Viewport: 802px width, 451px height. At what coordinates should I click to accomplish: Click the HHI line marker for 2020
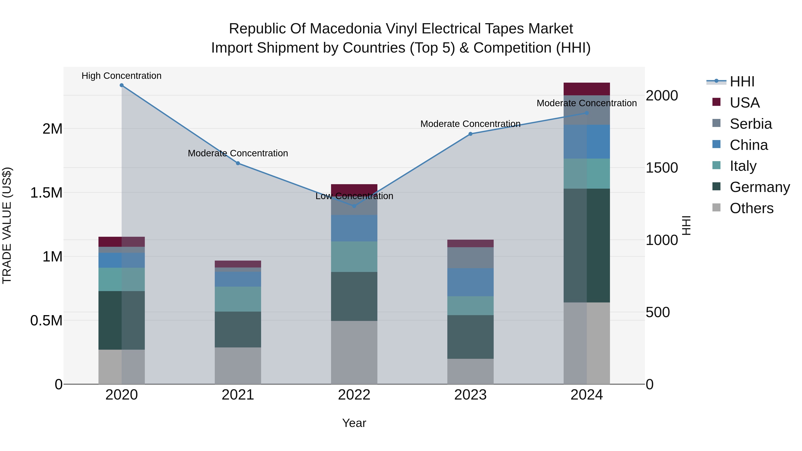pyautogui.click(x=122, y=85)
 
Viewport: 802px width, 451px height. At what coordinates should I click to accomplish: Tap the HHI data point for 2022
pyautogui.click(x=354, y=206)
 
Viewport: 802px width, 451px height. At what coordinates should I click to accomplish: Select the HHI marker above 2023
pyautogui.click(x=471, y=134)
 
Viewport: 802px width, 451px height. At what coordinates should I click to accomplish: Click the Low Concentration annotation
pyautogui.click(x=354, y=196)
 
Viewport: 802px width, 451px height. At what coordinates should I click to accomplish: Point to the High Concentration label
pyautogui.click(x=121, y=76)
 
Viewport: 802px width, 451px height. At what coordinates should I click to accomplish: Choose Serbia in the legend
pyautogui.click(x=751, y=124)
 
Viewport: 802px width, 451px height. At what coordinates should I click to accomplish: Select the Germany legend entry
pyautogui.click(x=759, y=187)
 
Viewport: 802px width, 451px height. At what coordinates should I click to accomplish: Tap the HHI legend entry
pyautogui.click(x=742, y=82)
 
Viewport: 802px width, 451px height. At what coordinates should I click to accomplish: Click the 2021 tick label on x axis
pyautogui.click(x=238, y=395)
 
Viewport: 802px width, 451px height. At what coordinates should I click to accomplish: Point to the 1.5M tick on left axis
pyautogui.click(x=46, y=193)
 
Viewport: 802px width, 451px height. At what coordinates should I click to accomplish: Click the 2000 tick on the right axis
pyautogui.click(x=662, y=96)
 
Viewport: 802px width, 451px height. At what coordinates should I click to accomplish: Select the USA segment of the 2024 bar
pyautogui.click(x=587, y=89)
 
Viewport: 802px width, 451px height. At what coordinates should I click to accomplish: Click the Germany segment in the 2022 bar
pyautogui.click(x=354, y=296)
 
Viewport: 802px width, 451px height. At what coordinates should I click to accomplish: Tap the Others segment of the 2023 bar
pyautogui.click(x=471, y=371)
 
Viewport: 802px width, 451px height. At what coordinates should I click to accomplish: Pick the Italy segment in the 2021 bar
pyautogui.click(x=238, y=299)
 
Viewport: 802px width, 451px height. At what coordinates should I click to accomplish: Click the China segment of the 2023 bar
pyautogui.click(x=471, y=282)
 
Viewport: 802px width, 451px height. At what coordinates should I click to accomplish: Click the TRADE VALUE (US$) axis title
pyautogui.click(x=7, y=225)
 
